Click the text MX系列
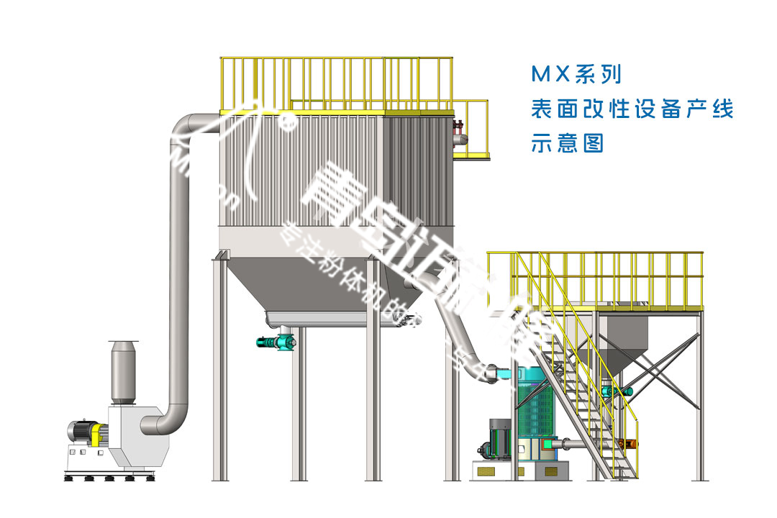575,74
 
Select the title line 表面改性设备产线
631,109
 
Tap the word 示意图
566,143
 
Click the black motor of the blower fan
79,432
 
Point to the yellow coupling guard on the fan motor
98,434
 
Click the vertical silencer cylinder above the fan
123,372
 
